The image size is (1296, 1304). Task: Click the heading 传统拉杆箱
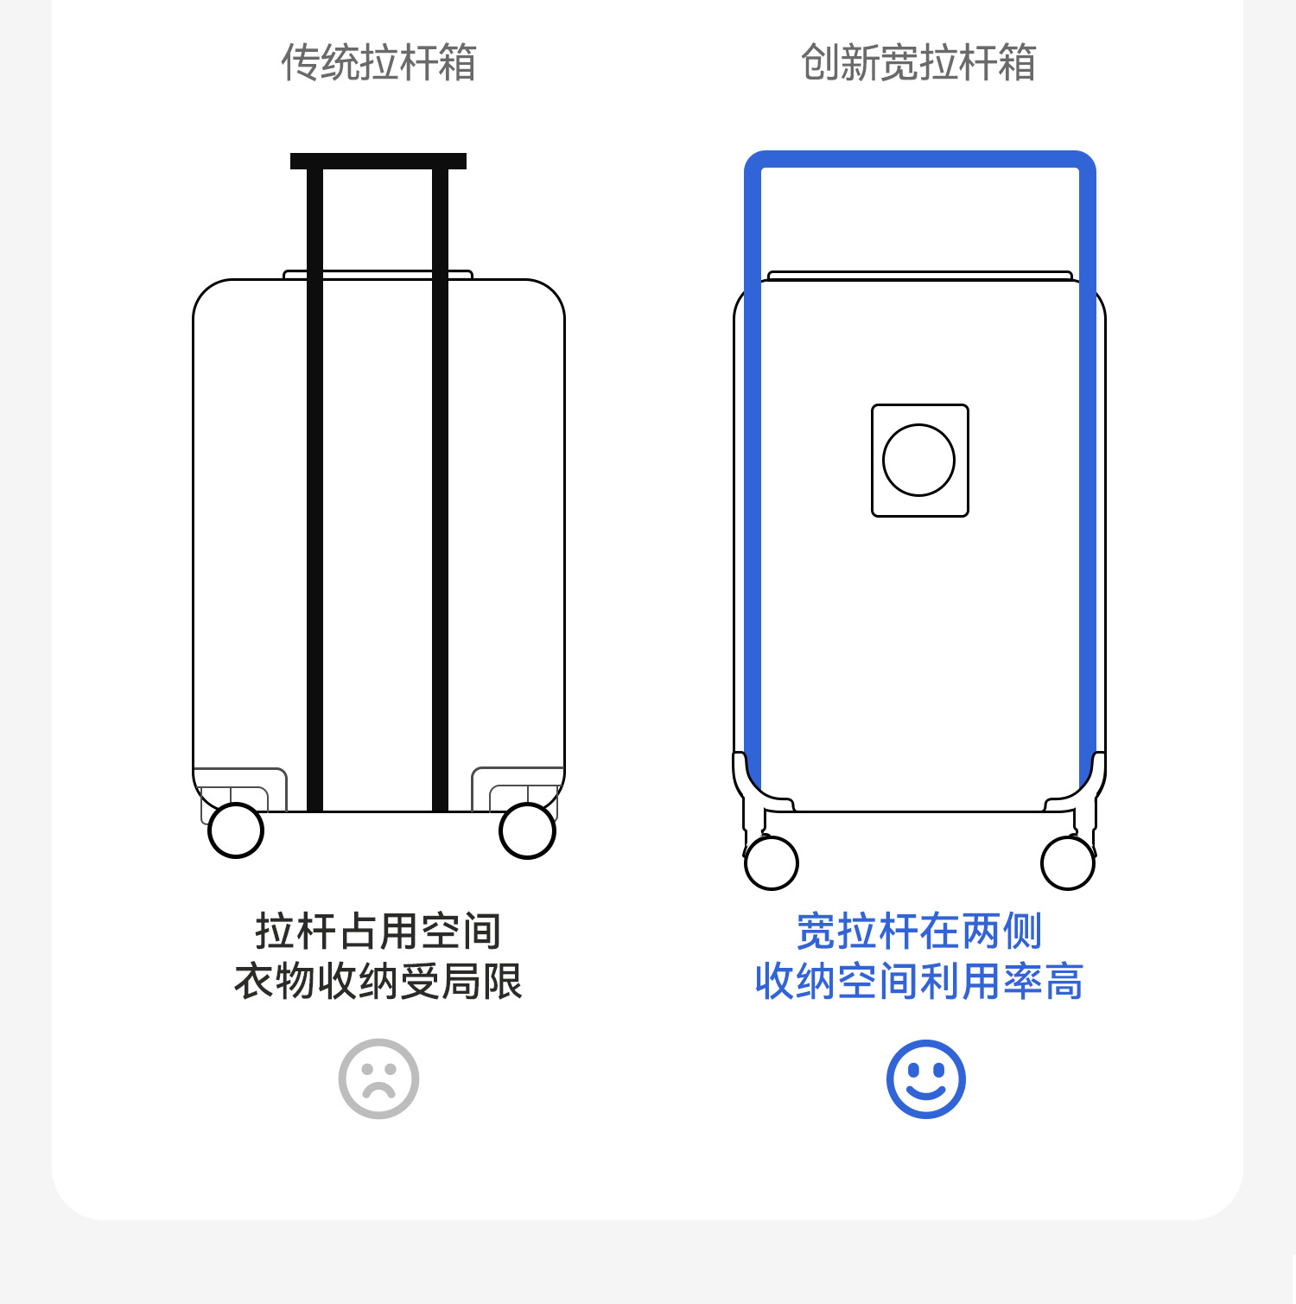point(378,63)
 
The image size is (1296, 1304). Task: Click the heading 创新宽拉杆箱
point(918,63)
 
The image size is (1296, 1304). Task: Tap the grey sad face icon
point(378,1078)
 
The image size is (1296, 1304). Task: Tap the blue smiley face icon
point(925,1078)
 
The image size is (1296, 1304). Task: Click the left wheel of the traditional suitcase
point(236,830)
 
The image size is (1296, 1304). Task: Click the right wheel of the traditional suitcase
point(527,830)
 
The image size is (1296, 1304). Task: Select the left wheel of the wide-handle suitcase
point(771,862)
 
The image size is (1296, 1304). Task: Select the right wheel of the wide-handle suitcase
point(1068,862)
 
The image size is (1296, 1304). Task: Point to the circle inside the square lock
point(918,460)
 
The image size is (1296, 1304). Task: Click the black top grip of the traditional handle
point(378,161)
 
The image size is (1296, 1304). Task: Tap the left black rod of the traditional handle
point(314,484)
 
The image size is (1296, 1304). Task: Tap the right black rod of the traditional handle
point(440,484)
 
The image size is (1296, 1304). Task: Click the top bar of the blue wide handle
point(919,160)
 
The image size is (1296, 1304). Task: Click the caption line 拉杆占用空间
point(378,932)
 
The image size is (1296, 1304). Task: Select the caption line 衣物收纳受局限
point(378,982)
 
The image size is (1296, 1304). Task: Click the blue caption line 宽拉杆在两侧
point(919,932)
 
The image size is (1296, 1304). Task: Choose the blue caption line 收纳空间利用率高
point(919,982)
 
